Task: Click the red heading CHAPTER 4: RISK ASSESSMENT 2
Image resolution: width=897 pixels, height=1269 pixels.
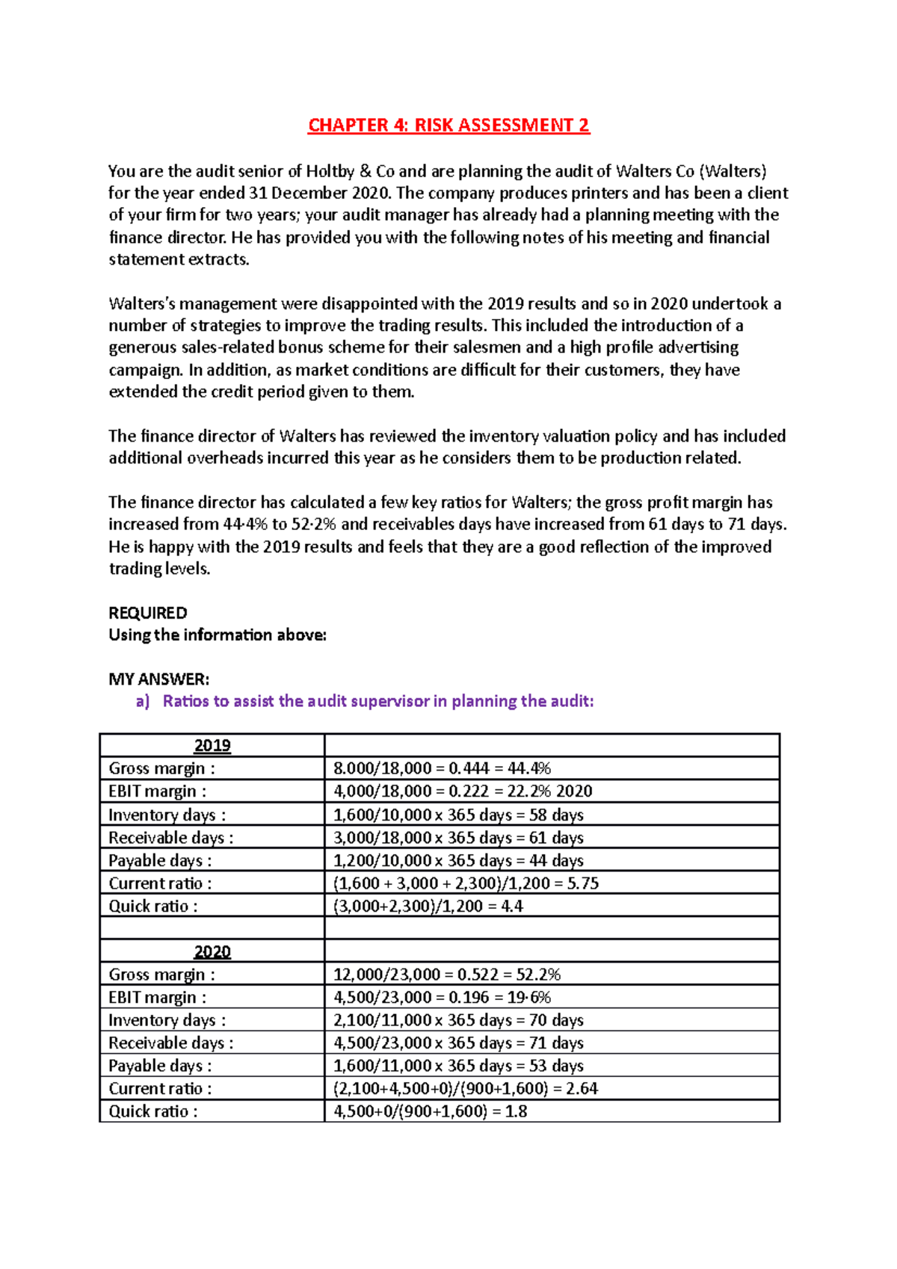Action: (449, 125)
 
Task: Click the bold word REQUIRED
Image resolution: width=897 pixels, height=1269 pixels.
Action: (147, 613)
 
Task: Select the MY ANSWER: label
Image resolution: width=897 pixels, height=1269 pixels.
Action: (158, 679)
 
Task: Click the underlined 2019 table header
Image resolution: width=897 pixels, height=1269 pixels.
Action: (212, 745)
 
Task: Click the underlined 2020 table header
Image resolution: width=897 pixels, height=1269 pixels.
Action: (212, 951)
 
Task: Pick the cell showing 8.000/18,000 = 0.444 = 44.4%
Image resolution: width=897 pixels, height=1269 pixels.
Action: (442, 768)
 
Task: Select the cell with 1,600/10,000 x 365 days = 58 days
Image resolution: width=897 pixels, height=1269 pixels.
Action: (458, 815)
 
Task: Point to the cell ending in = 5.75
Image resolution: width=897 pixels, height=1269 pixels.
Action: (466, 883)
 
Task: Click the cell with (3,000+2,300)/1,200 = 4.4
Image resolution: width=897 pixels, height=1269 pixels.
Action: (428, 906)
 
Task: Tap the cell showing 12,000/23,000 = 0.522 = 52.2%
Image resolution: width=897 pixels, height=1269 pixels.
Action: (447, 975)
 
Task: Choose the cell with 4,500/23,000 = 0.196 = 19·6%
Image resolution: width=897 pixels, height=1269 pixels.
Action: (442, 997)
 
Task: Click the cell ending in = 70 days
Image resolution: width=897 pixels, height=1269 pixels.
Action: (458, 1020)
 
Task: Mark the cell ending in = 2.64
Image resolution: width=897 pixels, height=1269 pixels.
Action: (465, 1088)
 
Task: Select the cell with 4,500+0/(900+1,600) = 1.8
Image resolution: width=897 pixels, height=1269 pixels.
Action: (430, 1111)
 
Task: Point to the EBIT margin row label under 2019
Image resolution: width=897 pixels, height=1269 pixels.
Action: (157, 791)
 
